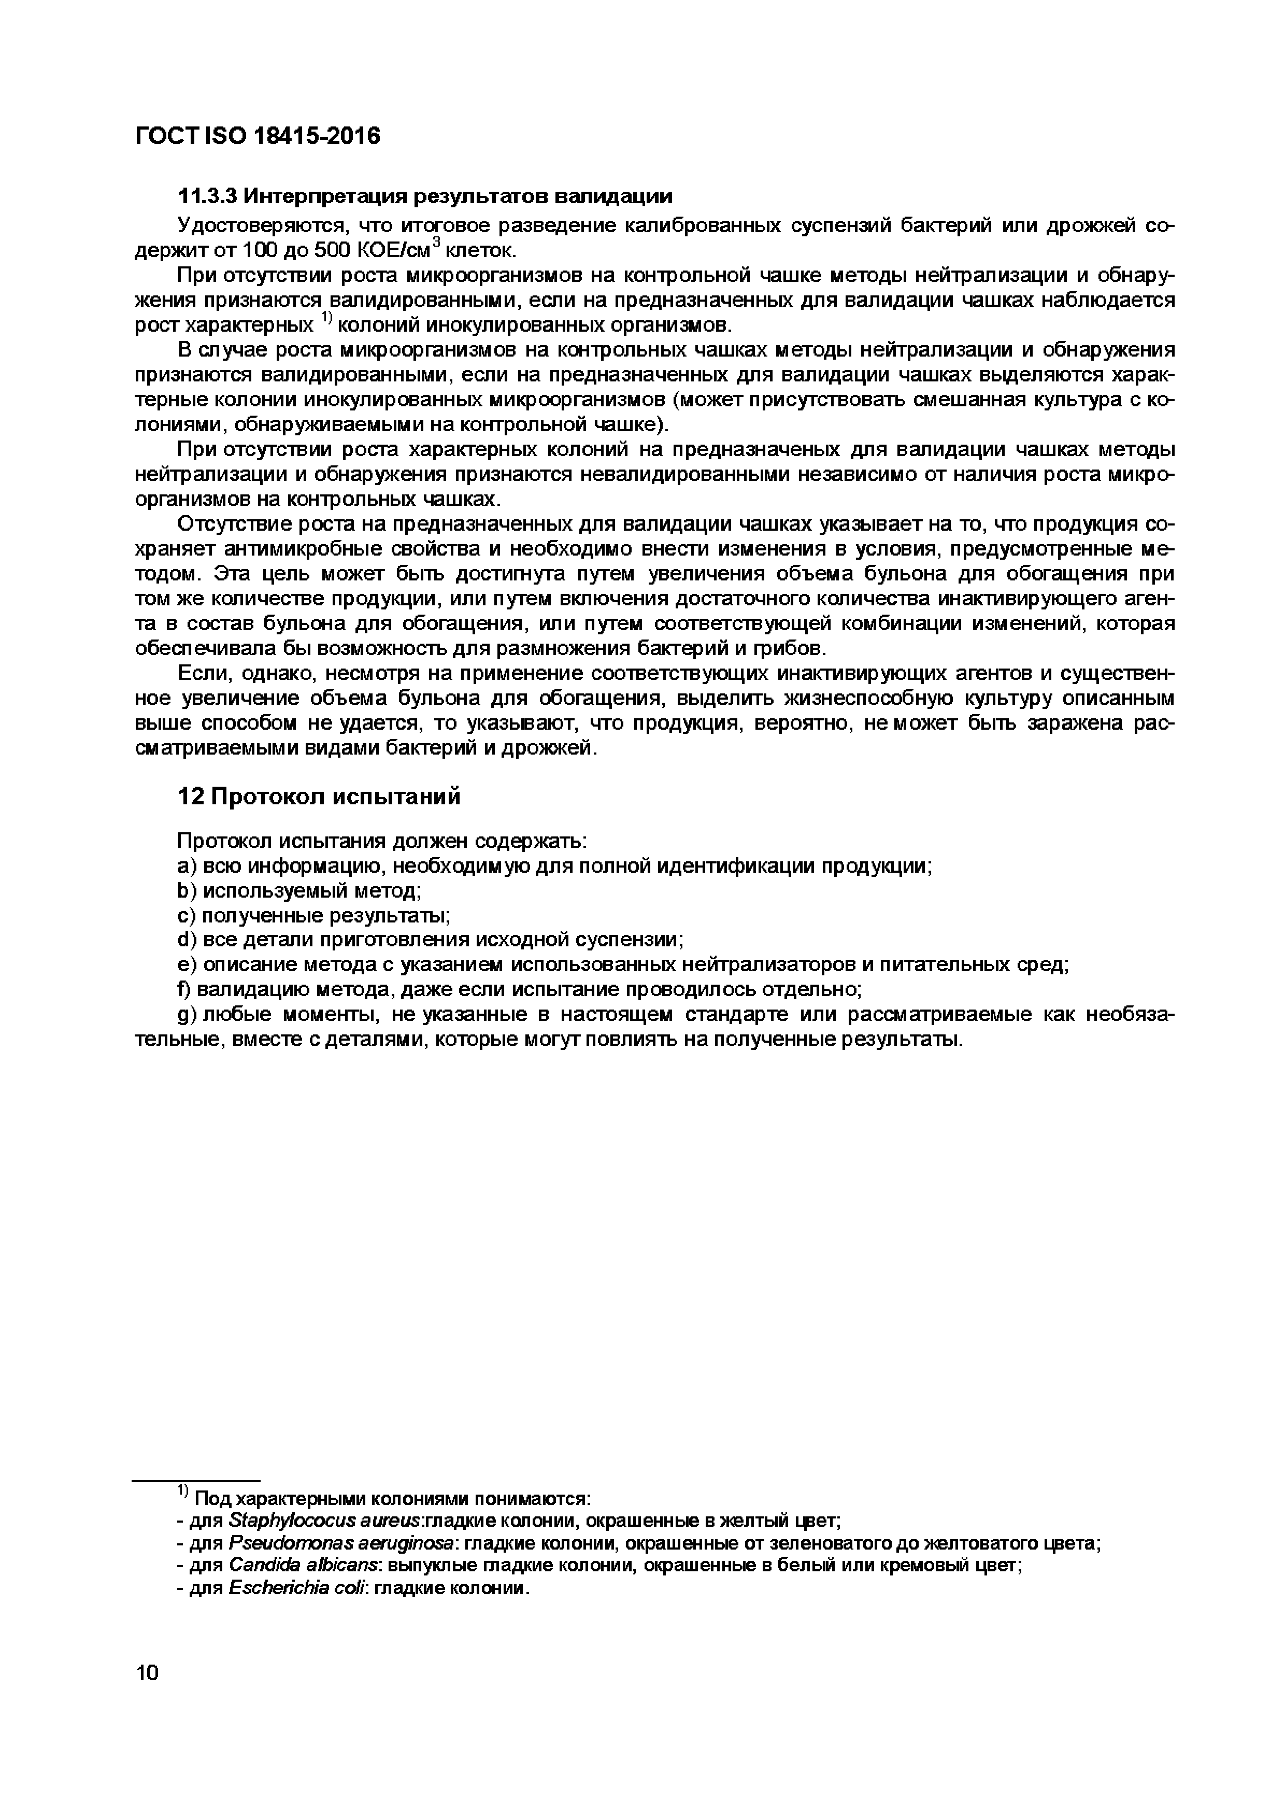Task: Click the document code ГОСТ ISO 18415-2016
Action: pos(258,136)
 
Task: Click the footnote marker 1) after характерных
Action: pos(326,319)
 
